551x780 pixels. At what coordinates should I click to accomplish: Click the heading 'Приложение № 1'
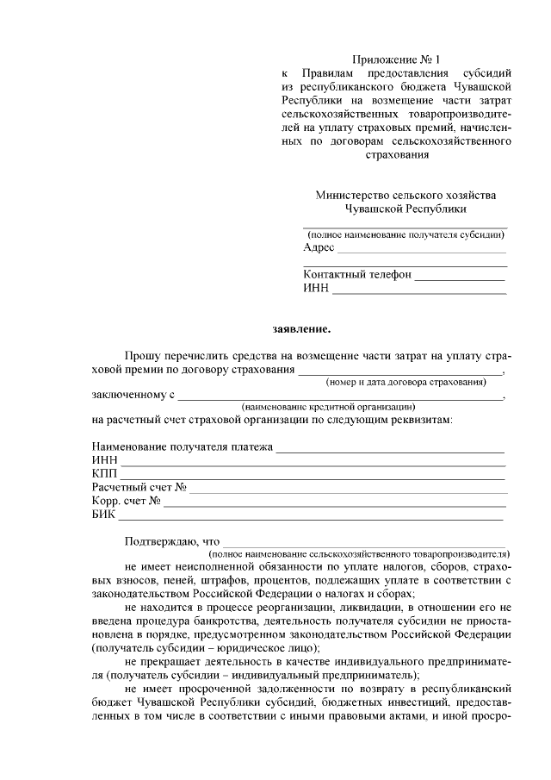(x=395, y=59)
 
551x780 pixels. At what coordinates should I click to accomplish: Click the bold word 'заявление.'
(x=300, y=328)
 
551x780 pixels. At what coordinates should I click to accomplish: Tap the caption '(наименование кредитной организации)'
(x=328, y=406)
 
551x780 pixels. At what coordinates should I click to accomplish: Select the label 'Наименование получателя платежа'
(x=182, y=447)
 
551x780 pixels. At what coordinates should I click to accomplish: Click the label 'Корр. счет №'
(x=126, y=501)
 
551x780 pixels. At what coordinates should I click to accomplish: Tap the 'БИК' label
(x=102, y=515)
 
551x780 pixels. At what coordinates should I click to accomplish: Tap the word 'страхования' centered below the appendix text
(x=396, y=155)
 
